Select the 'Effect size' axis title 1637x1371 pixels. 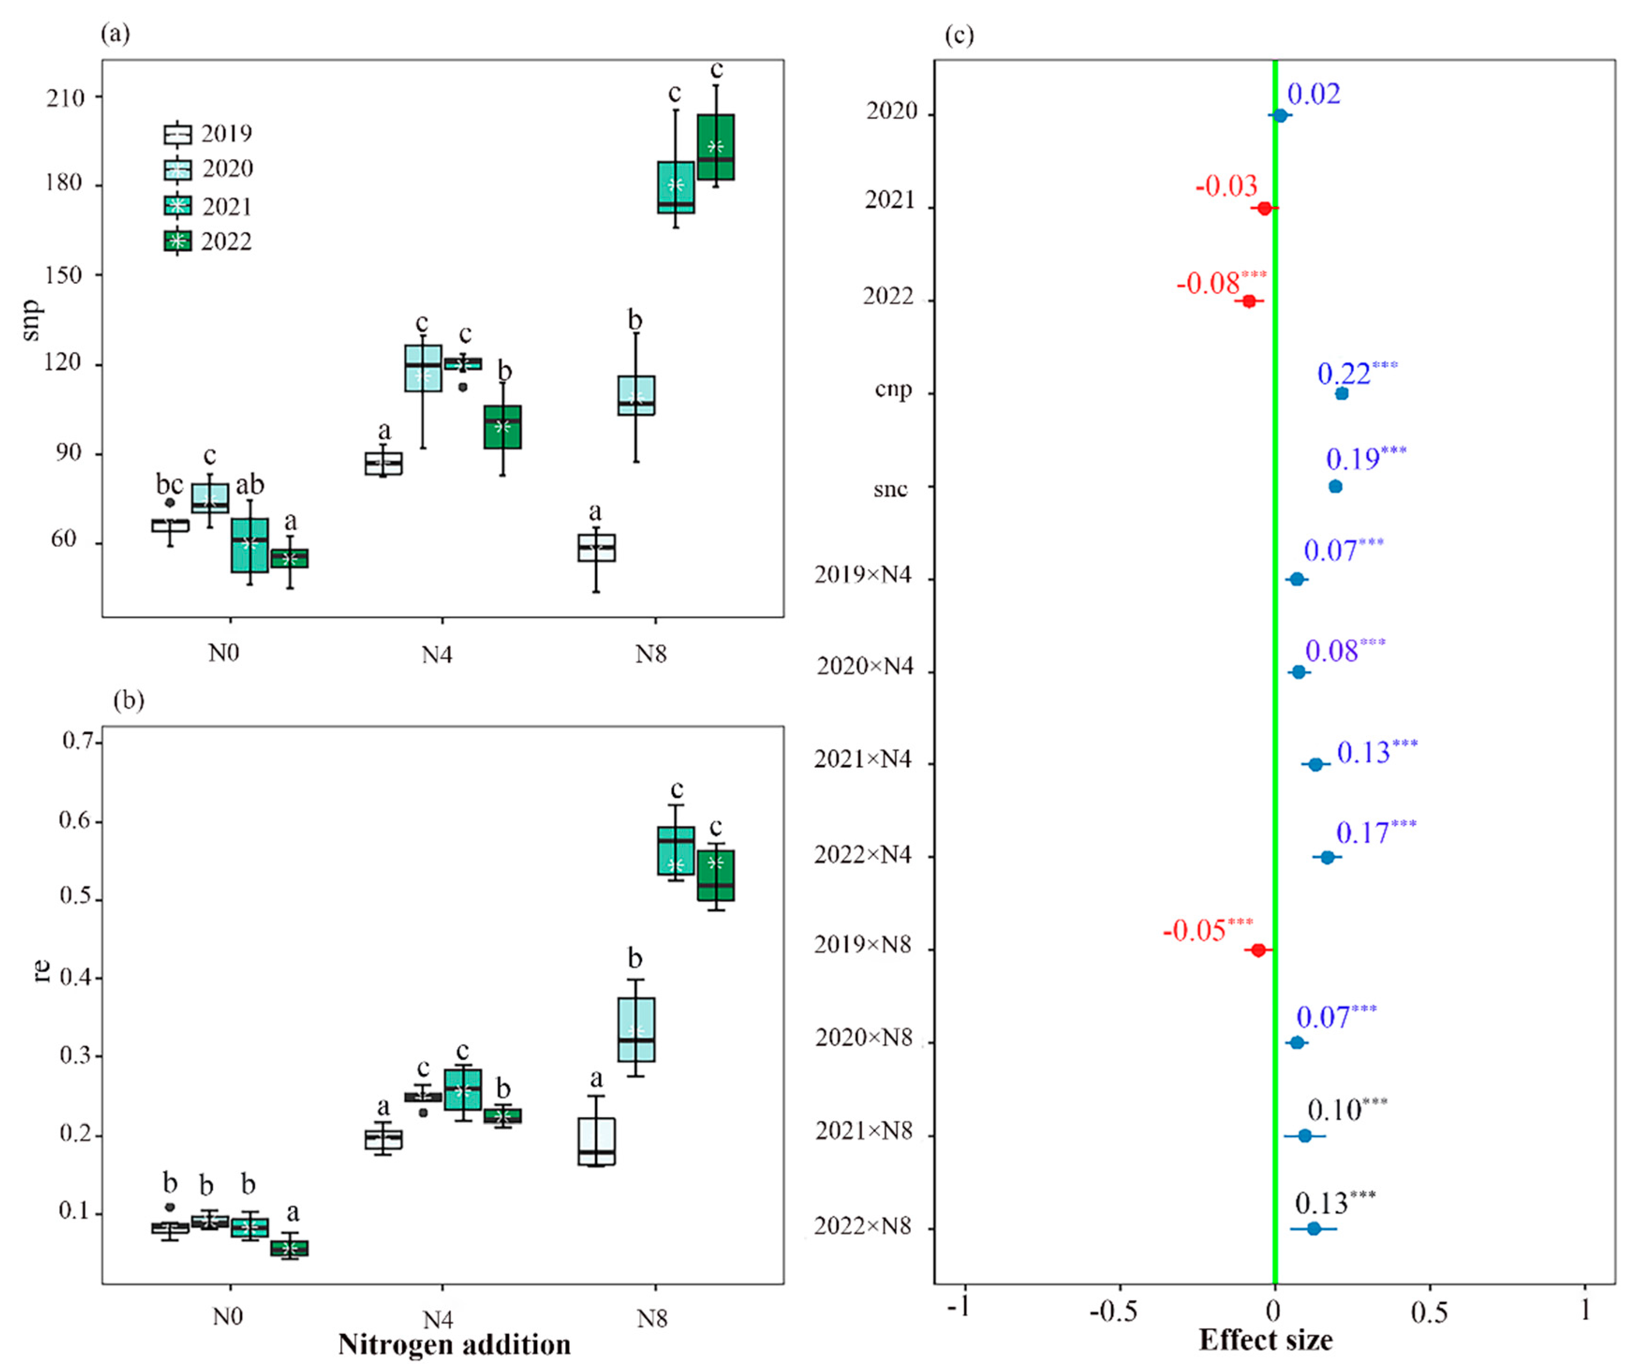click(x=1265, y=1340)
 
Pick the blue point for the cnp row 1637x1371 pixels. click(x=1342, y=394)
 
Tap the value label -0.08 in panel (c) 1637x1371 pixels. click(x=1208, y=284)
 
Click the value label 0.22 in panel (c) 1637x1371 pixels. click(x=1344, y=374)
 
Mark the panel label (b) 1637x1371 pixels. click(x=129, y=700)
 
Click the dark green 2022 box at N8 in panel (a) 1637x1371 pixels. click(x=715, y=147)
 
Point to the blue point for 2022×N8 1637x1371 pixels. click(x=1313, y=1228)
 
